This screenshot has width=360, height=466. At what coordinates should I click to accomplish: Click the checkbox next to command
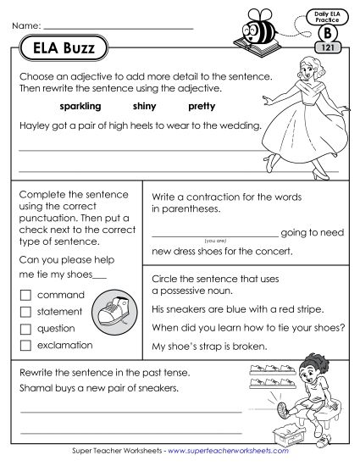pyautogui.click(x=25, y=295)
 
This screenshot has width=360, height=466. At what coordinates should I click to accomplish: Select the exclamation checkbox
pyautogui.click(x=25, y=345)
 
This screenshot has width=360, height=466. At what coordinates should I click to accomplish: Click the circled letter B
pyautogui.click(x=326, y=32)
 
